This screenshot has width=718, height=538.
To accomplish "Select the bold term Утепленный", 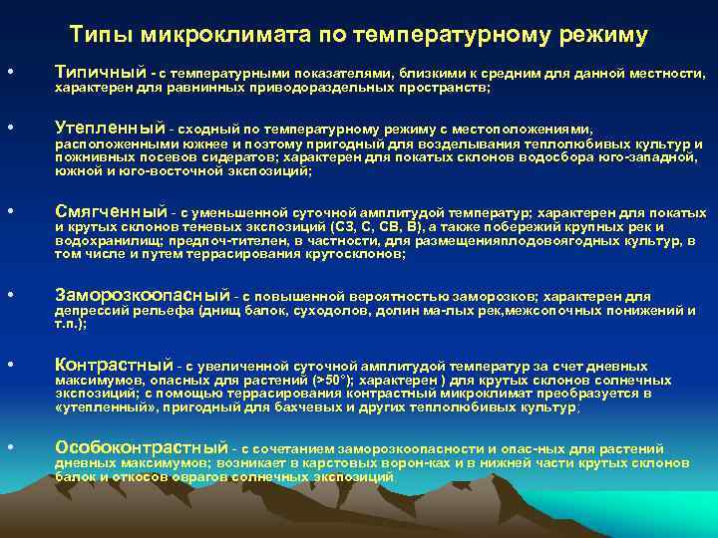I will pos(110,129).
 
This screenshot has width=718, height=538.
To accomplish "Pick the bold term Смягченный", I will pos(111,211).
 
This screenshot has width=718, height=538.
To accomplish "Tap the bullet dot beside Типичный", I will pos(9,74).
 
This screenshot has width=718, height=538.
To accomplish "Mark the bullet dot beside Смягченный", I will pos(9,212).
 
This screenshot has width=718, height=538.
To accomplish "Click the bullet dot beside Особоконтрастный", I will pos(9,448).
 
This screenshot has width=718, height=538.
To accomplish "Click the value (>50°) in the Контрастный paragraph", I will pos(331,381).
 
